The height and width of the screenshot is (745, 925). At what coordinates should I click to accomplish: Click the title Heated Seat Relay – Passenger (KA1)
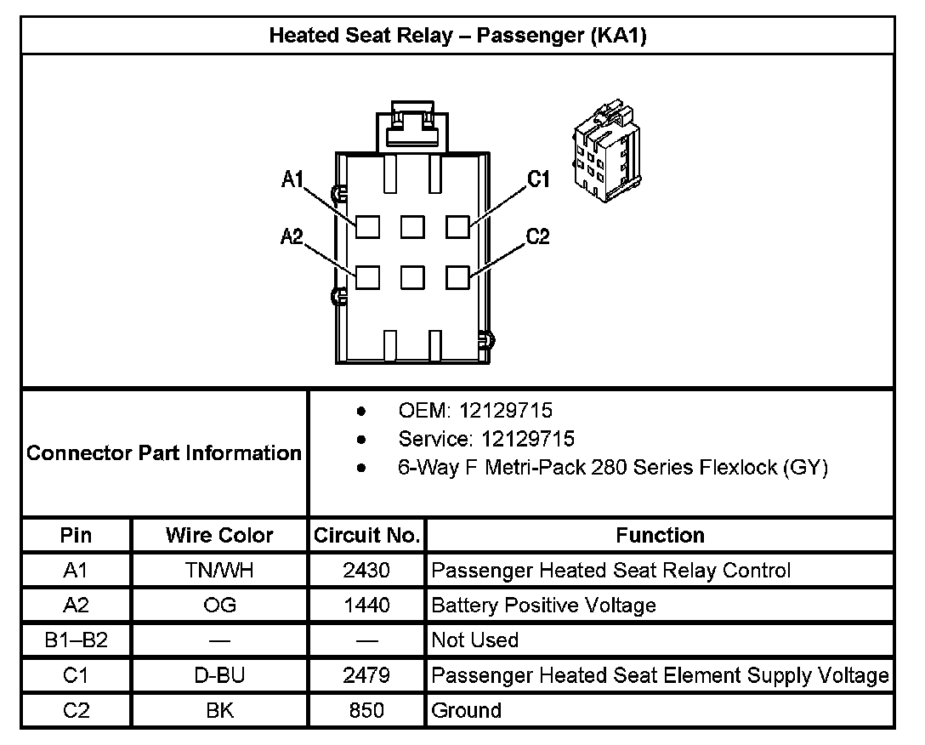[x=457, y=36]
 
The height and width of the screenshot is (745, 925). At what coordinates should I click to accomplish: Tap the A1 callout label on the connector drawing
[x=293, y=179]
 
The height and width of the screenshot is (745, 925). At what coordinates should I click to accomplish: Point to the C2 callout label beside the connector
[x=538, y=236]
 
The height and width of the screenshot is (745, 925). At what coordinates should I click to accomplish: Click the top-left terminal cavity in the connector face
[x=367, y=226]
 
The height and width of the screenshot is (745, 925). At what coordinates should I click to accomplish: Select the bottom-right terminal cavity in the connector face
[x=457, y=277]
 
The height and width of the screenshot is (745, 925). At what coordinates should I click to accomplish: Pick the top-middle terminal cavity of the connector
[x=412, y=226]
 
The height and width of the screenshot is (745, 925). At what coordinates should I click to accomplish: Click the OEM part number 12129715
[x=505, y=411]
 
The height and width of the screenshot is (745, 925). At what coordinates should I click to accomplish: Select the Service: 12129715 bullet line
[x=485, y=439]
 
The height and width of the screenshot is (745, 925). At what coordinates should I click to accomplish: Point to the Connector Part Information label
[x=164, y=452]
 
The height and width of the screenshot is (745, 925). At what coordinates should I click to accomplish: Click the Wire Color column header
[x=219, y=535]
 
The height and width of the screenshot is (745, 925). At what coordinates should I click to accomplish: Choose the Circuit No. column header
[x=366, y=535]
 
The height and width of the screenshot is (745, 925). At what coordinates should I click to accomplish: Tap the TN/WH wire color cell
[x=219, y=570]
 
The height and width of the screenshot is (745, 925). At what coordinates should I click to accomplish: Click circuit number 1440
[x=366, y=605]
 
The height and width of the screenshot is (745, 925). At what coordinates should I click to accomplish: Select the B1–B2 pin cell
[x=76, y=640]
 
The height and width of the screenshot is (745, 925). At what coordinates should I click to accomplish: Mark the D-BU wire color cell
[x=219, y=675]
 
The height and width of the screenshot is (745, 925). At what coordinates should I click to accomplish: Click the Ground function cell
[x=466, y=710]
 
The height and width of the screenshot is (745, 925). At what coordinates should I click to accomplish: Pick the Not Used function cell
[x=474, y=640]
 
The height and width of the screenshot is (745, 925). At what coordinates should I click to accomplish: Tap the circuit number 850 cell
[x=366, y=710]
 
